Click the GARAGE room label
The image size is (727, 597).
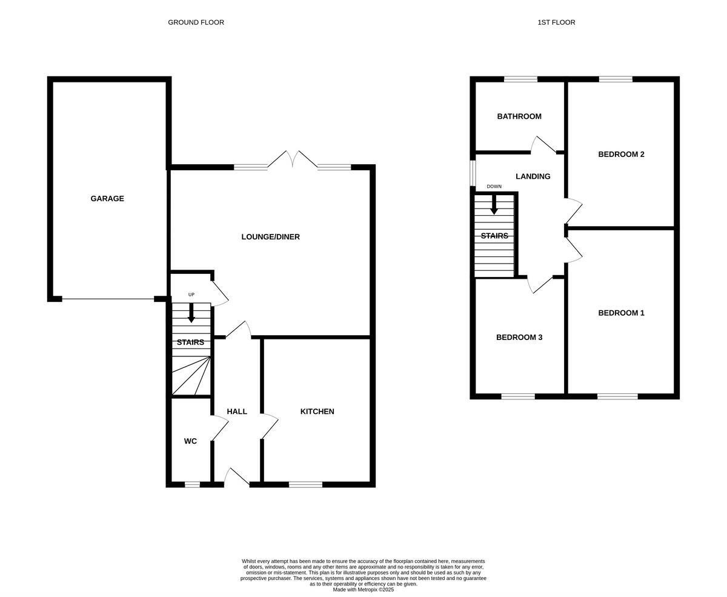point(107,199)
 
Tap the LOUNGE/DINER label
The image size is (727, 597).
point(270,237)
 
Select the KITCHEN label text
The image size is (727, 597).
point(317,412)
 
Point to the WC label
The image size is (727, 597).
point(190,441)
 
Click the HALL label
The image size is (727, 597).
point(237,412)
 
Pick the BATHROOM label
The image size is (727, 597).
point(519,116)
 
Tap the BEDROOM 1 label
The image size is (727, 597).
point(621,313)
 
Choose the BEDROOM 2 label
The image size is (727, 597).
point(621,154)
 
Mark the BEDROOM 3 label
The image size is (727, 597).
point(519,338)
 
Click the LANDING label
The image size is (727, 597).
point(533,176)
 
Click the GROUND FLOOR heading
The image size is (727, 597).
point(196,22)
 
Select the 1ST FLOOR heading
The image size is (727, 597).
point(556,22)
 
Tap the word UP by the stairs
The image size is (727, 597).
point(191,295)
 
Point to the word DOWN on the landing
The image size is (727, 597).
point(494,186)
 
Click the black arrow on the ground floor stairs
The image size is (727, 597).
point(191,313)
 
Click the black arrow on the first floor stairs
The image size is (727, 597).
point(494,205)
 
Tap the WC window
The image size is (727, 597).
point(192,484)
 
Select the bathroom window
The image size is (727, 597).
point(520,79)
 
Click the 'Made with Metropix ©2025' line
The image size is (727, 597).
point(363,590)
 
